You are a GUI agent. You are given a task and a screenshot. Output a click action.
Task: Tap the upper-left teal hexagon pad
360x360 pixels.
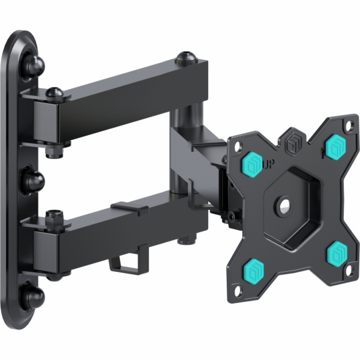(252, 166)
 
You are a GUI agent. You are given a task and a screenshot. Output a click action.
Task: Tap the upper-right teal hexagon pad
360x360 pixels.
(335, 147)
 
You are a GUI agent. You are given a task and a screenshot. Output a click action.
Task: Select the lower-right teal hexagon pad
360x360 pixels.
(337, 253)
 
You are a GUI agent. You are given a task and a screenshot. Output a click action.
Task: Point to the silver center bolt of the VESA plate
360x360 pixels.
(285, 203)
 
